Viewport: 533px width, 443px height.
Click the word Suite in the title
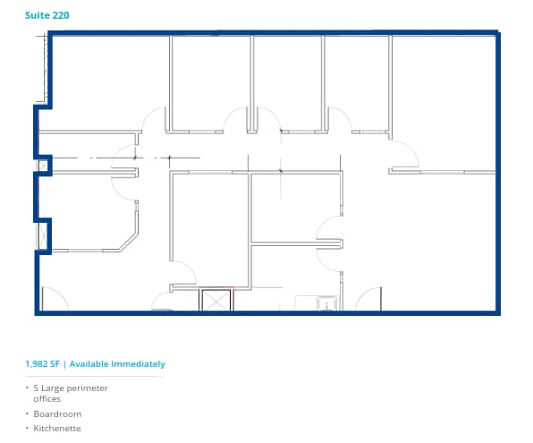37,16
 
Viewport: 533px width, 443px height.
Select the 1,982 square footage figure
38,364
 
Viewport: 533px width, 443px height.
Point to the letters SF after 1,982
57,364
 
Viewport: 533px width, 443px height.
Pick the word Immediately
139,364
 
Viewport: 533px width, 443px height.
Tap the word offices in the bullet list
47,399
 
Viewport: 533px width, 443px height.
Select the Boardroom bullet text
56,413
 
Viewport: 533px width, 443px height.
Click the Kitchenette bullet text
56,429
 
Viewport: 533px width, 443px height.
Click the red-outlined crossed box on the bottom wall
216,300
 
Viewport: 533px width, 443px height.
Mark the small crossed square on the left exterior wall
42,166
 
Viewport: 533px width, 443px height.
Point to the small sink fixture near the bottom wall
327,304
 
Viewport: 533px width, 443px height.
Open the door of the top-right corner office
404,154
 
